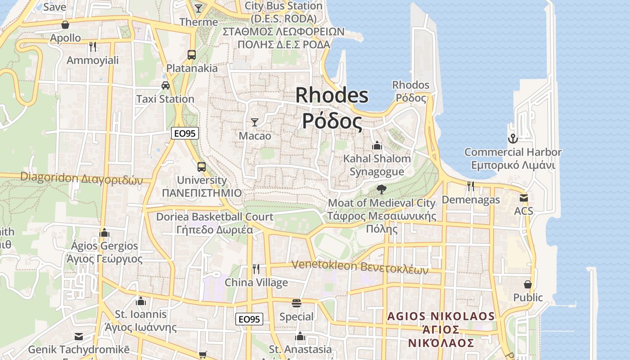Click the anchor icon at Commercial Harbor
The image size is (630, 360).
[513, 138]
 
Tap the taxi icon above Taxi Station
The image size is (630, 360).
[165, 85]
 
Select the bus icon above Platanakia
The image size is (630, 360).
[191, 55]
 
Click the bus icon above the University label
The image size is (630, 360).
[202, 167]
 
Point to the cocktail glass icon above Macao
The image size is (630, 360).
[255, 122]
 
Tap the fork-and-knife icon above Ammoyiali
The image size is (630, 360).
[93, 46]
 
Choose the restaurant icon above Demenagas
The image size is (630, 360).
[471, 186]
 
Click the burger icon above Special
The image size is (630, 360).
[296, 303]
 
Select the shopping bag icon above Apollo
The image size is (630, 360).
[65, 25]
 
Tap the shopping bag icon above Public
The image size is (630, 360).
[528, 284]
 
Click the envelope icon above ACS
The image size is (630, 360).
[523, 198]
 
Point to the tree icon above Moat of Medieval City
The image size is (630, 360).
[381, 189]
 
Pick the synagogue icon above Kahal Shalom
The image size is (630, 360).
[377, 145]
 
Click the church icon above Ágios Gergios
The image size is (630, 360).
[104, 232]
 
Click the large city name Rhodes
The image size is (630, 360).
[332, 95]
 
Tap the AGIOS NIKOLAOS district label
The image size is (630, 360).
[441, 316]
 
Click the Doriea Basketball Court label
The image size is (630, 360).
[215, 217]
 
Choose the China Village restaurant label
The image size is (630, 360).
[256, 283]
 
